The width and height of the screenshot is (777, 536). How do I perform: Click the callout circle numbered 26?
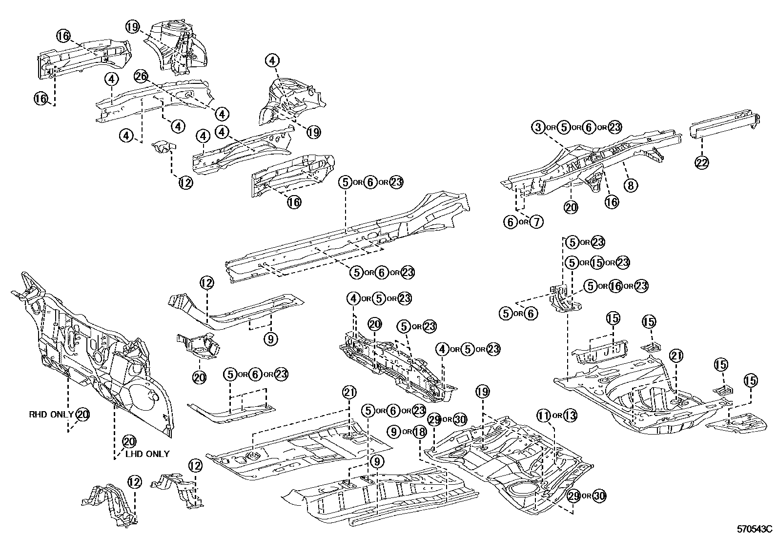pos(141,77)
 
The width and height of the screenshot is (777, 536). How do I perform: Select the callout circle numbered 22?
pos(701,163)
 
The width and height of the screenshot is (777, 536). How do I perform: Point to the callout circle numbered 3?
pos(537,127)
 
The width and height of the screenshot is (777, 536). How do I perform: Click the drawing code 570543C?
pos(755,529)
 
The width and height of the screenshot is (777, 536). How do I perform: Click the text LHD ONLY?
pos(147,454)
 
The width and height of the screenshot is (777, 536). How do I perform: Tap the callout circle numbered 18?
pos(420,432)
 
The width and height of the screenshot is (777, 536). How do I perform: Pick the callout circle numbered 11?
pos(544,416)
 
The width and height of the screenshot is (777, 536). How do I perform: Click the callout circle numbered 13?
pos(570,416)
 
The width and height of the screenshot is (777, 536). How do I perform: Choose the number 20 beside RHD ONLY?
pos(83,415)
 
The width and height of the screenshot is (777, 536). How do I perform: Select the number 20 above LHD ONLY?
pos(128,441)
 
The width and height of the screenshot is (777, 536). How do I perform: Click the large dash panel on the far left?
pos(93,351)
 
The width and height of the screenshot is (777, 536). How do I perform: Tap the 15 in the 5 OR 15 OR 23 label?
pos(597,262)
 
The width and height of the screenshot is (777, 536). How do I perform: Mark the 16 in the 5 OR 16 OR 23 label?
pos(615,286)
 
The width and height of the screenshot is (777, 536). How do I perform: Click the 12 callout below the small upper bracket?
pos(185,183)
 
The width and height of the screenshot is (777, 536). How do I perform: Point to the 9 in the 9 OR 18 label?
pos(393,432)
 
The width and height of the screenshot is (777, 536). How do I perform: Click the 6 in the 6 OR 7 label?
pos(510,222)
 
